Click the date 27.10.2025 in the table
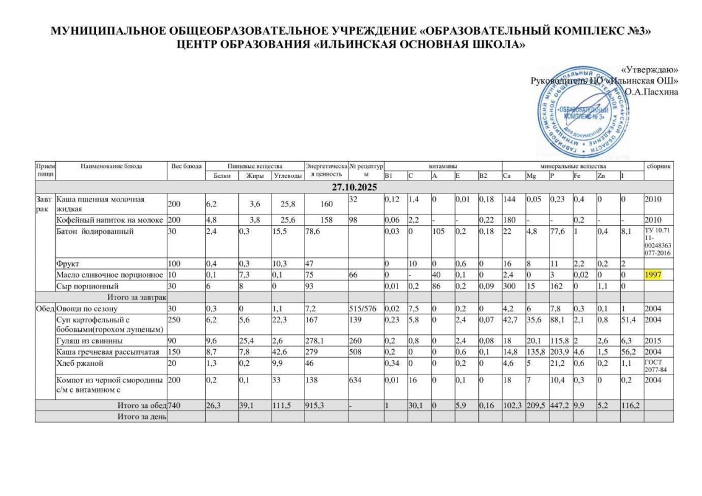click(x=351, y=187)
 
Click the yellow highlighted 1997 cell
click(x=654, y=274)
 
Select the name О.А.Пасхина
click(x=651, y=92)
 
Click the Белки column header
click(x=221, y=176)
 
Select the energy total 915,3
click(x=318, y=406)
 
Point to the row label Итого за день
click(x=141, y=417)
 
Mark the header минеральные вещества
click(x=572, y=166)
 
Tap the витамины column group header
click(x=442, y=166)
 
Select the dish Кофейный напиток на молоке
click(x=109, y=220)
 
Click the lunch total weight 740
click(x=176, y=406)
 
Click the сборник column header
click(x=657, y=166)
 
